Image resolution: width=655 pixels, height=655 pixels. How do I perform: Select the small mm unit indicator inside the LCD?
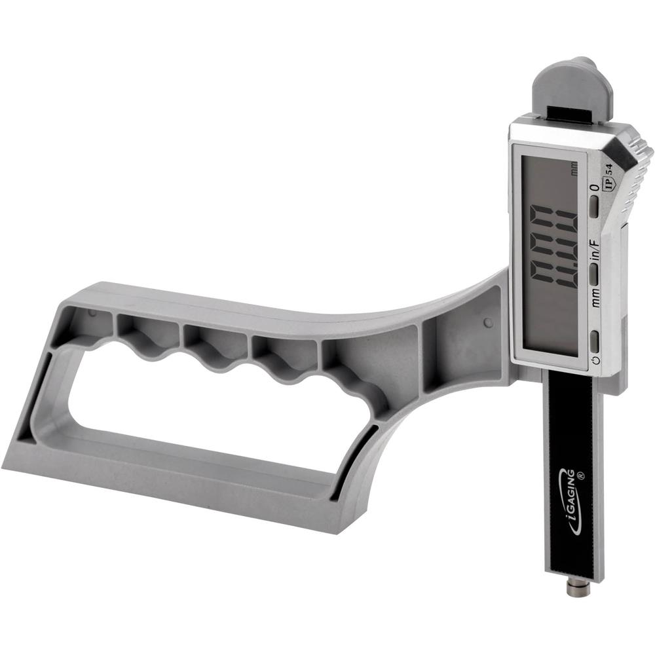pyautogui.click(x=574, y=172)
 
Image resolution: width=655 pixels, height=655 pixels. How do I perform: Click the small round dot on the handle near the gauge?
pyautogui.click(x=487, y=323)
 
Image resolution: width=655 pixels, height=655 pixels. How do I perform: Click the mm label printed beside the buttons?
pyautogui.click(x=595, y=301)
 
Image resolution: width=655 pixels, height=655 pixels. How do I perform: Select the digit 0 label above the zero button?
pyautogui.click(x=594, y=188)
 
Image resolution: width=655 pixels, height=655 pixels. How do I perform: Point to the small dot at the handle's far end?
pyautogui.click(x=92, y=313)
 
